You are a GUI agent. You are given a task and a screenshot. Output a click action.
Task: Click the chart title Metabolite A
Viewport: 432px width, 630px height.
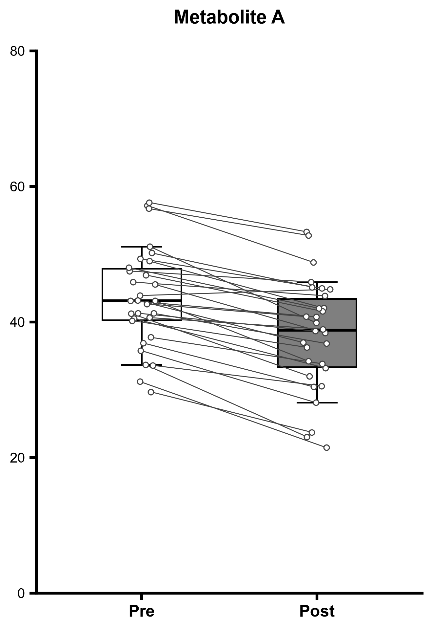click(x=229, y=17)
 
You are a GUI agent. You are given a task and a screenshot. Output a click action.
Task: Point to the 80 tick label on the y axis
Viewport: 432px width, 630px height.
click(x=18, y=51)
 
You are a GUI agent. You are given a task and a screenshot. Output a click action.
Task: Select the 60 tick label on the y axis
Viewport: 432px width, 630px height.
click(x=18, y=187)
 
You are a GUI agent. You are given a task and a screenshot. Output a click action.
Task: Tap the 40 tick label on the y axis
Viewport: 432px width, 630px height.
click(x=18, y=322)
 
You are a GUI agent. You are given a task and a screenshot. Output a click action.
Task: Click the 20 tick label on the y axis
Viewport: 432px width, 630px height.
click(x=18, y=458)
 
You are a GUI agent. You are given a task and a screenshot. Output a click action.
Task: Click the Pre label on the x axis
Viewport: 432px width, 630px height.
click(x=142, y=611)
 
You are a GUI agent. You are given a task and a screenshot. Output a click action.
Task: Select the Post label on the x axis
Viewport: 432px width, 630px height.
click(x=317, y=611)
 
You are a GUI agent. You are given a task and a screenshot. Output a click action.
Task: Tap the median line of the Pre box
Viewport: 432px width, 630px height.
click(x=142, y=301)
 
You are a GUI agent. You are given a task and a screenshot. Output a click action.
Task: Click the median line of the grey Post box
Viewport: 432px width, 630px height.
click(x=317, y=330)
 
